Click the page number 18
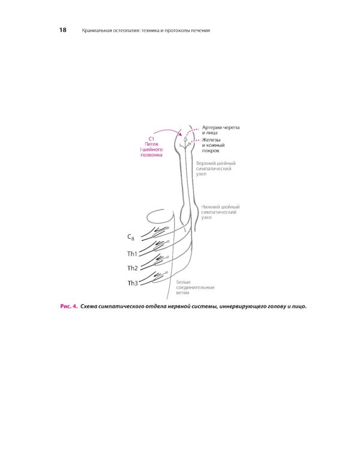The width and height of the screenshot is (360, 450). point(63,30)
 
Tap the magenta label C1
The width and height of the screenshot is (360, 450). point(151,139)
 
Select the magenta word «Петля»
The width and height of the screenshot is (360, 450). point(151,144)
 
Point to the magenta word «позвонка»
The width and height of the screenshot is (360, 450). point(151,155)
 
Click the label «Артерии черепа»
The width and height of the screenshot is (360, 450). point(221,127)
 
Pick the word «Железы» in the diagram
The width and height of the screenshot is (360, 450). point(211,140)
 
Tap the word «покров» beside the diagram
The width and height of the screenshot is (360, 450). point(211,151)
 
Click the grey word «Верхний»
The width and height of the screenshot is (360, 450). point(205,163)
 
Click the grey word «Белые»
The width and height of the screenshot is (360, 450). point(184,282)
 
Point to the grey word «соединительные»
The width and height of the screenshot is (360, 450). point(195,287)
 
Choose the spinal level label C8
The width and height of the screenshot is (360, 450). point(131,237)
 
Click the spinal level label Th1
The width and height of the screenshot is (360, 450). point(133,254)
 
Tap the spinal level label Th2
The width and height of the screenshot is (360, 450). point(133,268)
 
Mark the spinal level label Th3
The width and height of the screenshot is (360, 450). point(133,283)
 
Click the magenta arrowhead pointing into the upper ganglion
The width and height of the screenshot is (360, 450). point(180,134)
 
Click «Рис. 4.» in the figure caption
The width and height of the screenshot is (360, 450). point(69,306)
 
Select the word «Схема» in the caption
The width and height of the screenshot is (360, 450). point(88,306)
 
